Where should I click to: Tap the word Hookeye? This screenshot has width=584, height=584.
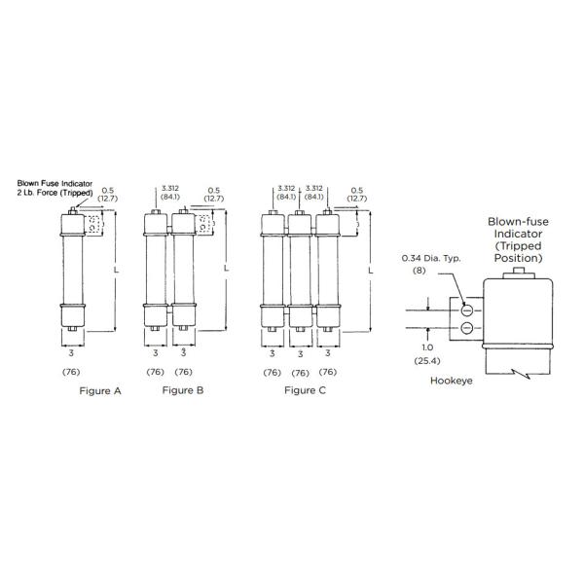451,381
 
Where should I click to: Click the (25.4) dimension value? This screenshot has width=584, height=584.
426,360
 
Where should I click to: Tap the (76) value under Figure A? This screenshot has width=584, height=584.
72,372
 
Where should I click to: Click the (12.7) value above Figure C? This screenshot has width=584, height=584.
357,198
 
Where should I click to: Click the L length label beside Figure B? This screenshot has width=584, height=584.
227,270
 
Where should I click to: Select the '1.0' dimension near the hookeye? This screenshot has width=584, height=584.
426,347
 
